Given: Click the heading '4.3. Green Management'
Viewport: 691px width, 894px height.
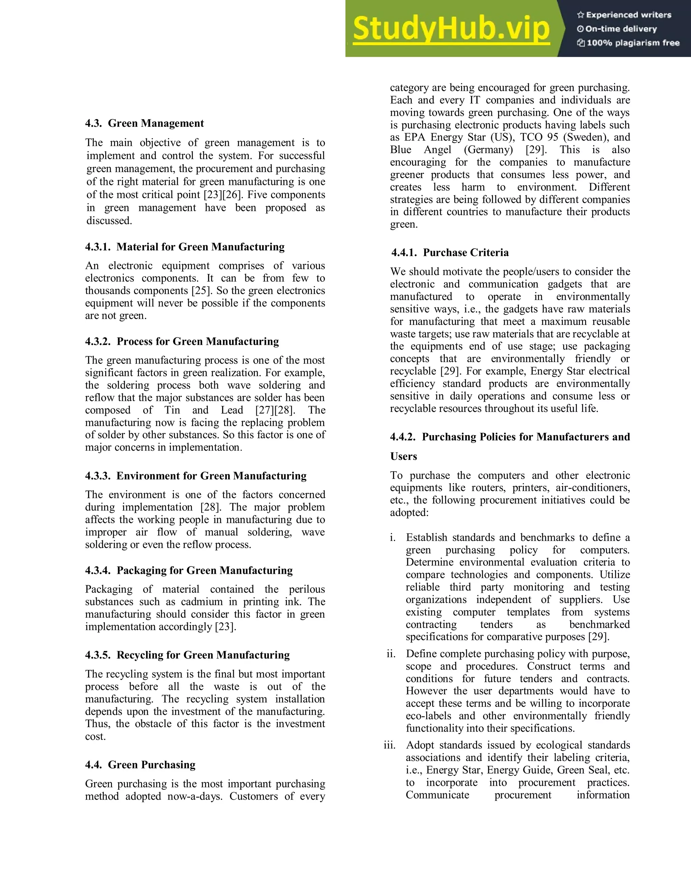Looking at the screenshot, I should pos(144,123).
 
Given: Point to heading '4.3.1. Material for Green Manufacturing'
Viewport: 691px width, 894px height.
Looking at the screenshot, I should pos(185,247).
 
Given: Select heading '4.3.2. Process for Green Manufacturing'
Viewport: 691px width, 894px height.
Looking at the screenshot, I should pos(182,341).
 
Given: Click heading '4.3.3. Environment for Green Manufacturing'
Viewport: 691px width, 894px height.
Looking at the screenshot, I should pos(196,476).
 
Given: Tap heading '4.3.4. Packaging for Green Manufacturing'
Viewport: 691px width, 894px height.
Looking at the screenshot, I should pos(189,570).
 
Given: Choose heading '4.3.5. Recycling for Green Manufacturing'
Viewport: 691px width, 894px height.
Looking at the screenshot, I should pos(188,655).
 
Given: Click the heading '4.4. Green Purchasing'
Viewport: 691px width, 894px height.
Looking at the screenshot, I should pos(140,765).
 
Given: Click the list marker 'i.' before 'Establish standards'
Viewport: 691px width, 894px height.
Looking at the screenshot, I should pos(393,537).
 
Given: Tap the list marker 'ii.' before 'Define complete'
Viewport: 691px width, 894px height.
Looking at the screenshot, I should pos(391,654).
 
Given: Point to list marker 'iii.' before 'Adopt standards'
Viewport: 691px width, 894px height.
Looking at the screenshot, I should pos(390,745).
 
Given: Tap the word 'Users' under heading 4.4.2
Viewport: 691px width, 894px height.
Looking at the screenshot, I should pos(404,456).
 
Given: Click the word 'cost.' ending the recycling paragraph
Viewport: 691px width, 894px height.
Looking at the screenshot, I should pos(95,736).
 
